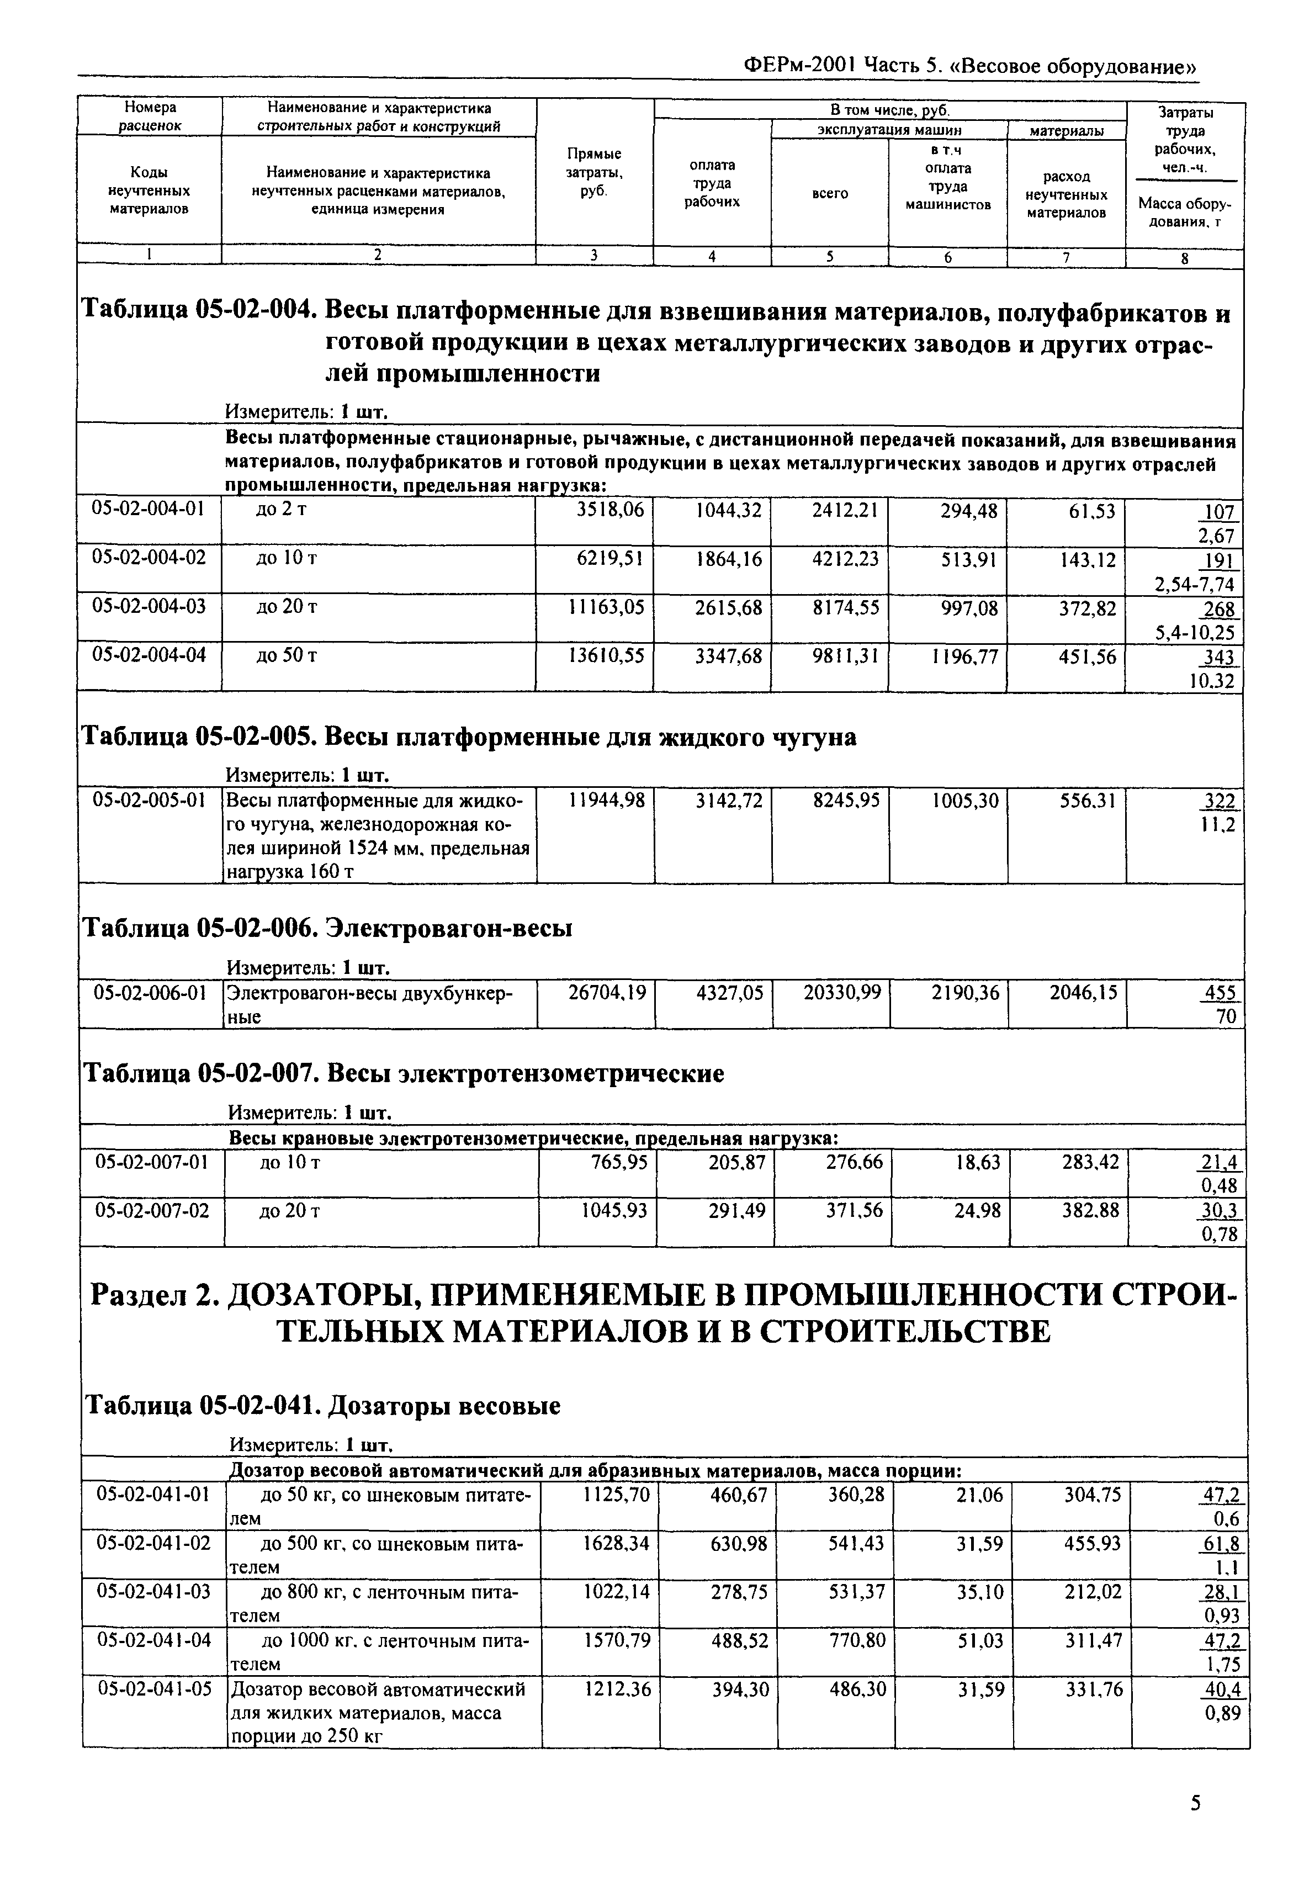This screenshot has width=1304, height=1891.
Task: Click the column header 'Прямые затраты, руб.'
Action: pyautogui.click(x=594, y=172)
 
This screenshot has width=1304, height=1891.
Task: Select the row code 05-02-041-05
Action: pyautogui.click(x=153, y=1689)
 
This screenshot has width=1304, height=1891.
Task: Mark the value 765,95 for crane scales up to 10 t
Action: pyautogui.click(x=618, y=1162)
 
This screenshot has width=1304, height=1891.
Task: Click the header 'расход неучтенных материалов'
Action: pyautogui.click(x=1066, y=194)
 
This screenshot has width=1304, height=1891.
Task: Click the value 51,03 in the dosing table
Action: pyautogui.click(x=978, y=1640)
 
